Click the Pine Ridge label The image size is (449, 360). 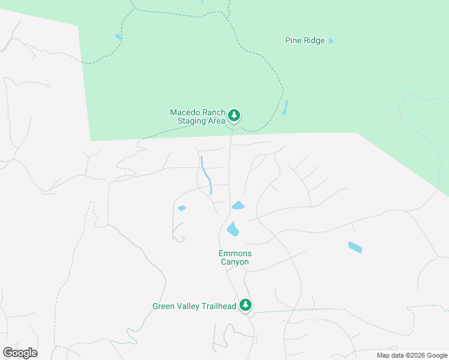coord(304,41)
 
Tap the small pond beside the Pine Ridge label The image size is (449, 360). coord(331,41)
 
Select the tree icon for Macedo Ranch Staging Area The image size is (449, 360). coord(234,115)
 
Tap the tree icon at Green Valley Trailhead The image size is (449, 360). coord(245,305)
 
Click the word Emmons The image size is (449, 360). coord(235,254)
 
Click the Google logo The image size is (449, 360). coord(20,353)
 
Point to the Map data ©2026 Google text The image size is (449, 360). coord(412,355)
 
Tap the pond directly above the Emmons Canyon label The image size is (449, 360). coord(232,229)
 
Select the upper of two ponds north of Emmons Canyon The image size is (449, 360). coord(238,206)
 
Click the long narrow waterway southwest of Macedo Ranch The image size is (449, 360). coord(206,175)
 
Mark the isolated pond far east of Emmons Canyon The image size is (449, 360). coord(355,247)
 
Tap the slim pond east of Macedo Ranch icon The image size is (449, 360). coord(285,107)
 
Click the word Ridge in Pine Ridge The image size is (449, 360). coord(314,41)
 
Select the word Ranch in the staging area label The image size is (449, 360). coord(215,112)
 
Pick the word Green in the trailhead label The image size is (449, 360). coord(164,306)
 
